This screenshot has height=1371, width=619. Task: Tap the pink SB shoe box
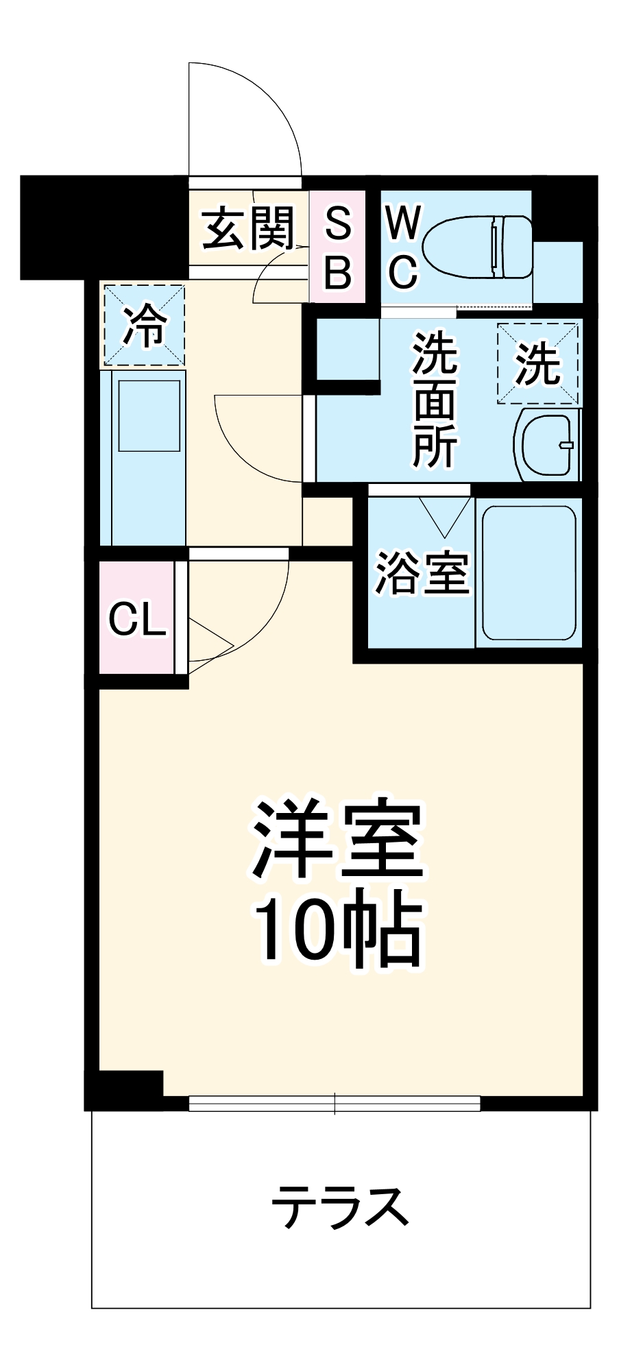(x=337, y=247)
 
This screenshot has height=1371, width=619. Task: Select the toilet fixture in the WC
(x=478, y=246)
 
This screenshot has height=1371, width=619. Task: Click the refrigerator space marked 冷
(x=144, y=326)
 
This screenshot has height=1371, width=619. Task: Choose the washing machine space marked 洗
(x=538, y=363)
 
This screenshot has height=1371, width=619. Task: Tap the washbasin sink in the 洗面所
(x=547, y=445)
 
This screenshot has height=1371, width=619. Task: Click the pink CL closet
(x=137, y=618)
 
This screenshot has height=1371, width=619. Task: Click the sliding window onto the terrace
(x=335, y=1103)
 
